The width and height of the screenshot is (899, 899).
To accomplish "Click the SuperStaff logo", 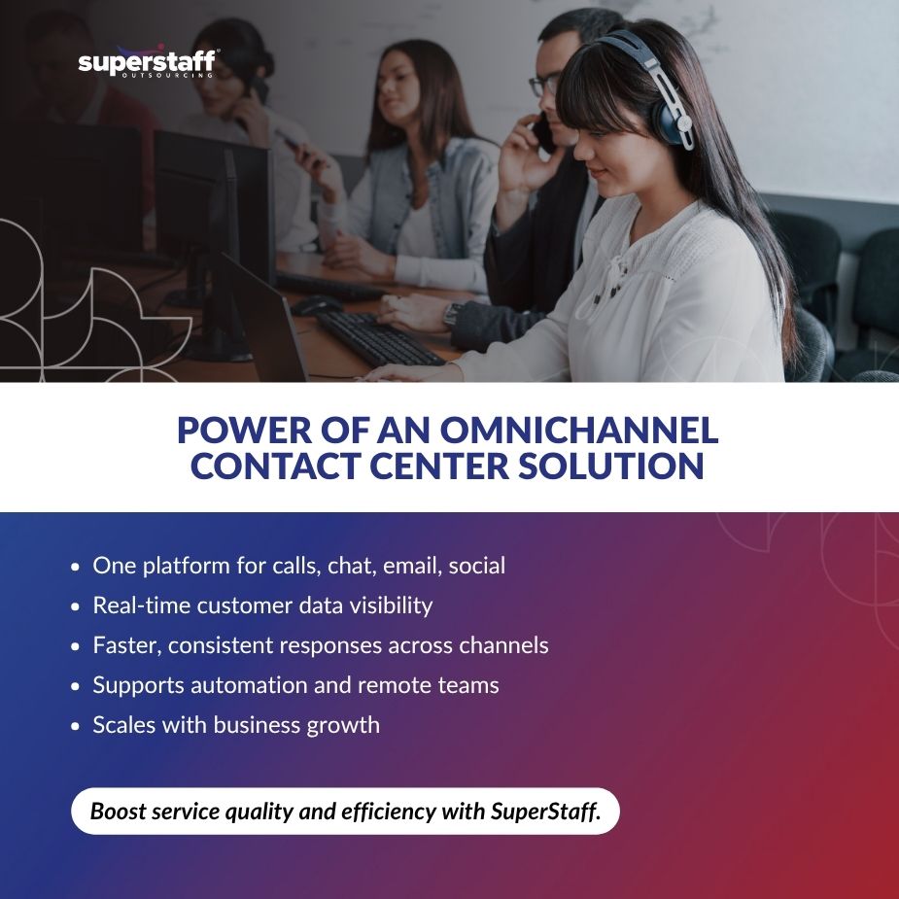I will [x=147, y=63].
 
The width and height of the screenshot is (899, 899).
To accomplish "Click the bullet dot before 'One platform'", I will [x=77, y=566].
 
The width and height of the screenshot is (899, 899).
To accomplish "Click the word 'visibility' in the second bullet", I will [x=385, y=605].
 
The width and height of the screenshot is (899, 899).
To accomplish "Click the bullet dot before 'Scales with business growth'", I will [x=77, y=725].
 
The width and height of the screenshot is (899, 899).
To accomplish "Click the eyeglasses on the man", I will [x=543, y=85].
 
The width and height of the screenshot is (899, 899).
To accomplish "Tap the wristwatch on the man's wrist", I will [x=451, y=313].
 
